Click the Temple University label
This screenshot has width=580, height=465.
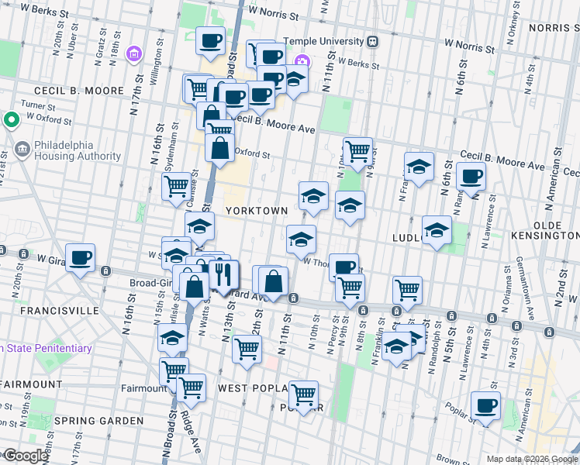pos(323,41)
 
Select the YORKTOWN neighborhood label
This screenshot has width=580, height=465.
pos(257,211)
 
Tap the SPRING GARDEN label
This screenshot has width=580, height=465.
pos(98,421)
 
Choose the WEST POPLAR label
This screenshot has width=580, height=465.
pos(254,387)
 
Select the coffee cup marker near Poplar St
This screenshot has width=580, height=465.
pos(486,406)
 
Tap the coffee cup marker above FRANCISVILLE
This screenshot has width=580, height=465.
pos(80,257)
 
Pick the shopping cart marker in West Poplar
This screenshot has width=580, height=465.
pos(303,395)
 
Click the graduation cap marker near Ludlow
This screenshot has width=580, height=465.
pos(437,230)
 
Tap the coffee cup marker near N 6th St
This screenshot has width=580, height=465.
pos(471,177)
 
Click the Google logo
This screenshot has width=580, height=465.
pos(26,456)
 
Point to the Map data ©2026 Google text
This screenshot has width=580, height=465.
pos(531,459)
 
